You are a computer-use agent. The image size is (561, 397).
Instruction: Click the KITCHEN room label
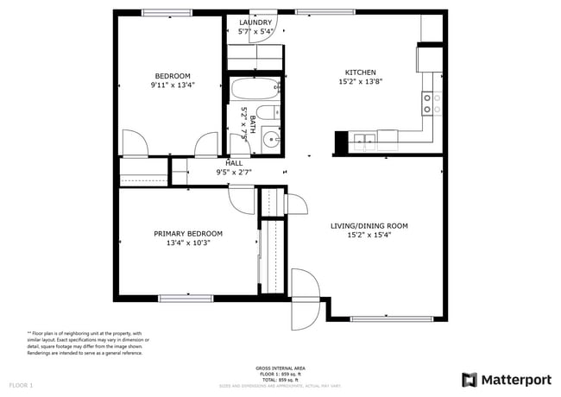pyautogui.click(x=361, y=72)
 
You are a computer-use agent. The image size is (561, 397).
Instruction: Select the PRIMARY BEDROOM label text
pyautogui.click(x=188, y=233)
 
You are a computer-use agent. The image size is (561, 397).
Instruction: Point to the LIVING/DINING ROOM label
pyautogui.click(x=369, y=226)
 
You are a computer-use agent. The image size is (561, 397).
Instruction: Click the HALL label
pyautogui.click(x=234, y=162)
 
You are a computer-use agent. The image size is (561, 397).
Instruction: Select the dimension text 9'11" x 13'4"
pyautogui.click(x=173, y=85)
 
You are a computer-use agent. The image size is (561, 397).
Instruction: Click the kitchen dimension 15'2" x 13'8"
pyautogui.click(x=361, y=82)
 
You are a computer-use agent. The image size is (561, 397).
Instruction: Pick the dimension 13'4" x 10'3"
pyautogui.click(x=188, y=243)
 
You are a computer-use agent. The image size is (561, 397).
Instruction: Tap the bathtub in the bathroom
pyautogui.click(x=253, y=88)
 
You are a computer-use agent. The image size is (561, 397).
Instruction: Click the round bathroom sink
pyautogui.click(x=272, y=138)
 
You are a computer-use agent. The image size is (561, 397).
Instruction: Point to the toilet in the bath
pyautogui.click(x=269, y=112)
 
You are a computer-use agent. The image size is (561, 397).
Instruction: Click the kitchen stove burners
pyautogui.click(x=432, y=104)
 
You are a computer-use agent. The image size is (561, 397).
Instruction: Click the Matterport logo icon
pyautogui.click(x=470, y=379)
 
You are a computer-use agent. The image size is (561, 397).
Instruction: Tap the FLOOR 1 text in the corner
pyautogui.click(x=21, y=384)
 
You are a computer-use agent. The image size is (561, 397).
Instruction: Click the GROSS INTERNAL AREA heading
pyautogui.click(x=280, y=369)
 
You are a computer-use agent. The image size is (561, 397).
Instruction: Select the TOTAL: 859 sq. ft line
pyautogui.click(x=280, y=379)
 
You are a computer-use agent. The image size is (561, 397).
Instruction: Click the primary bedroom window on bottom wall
pyautogui.click(x=186, y=298)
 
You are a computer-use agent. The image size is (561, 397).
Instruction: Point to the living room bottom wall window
pyautogui.click(x=387, y=318)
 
